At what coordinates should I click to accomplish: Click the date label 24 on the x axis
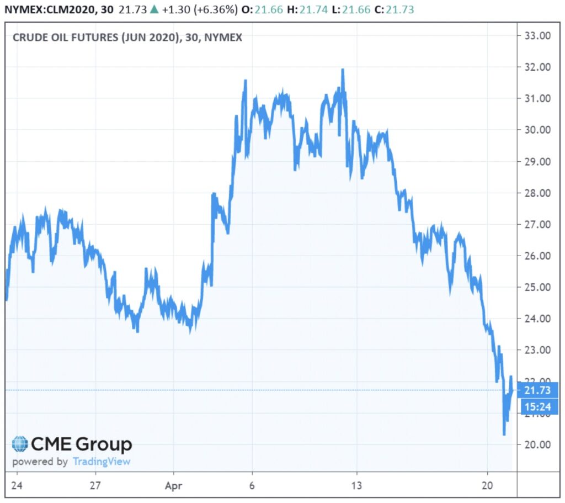point(17,485)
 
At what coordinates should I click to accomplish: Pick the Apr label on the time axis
point(173,485)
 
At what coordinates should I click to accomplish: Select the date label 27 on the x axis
point(95,485)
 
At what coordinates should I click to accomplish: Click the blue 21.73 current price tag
point(539,390)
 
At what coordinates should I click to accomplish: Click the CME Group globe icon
point(20,444)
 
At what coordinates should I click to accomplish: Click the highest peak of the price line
point(343,70)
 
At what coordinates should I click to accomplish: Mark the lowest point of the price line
point(504,434)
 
